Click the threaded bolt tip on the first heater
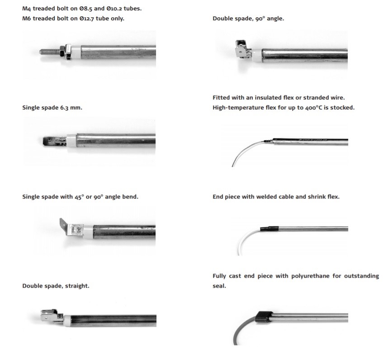pos(40,52)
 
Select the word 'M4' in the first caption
pos(27,9)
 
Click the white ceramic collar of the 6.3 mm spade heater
pos(71,141)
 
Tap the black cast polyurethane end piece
pos(264,317)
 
